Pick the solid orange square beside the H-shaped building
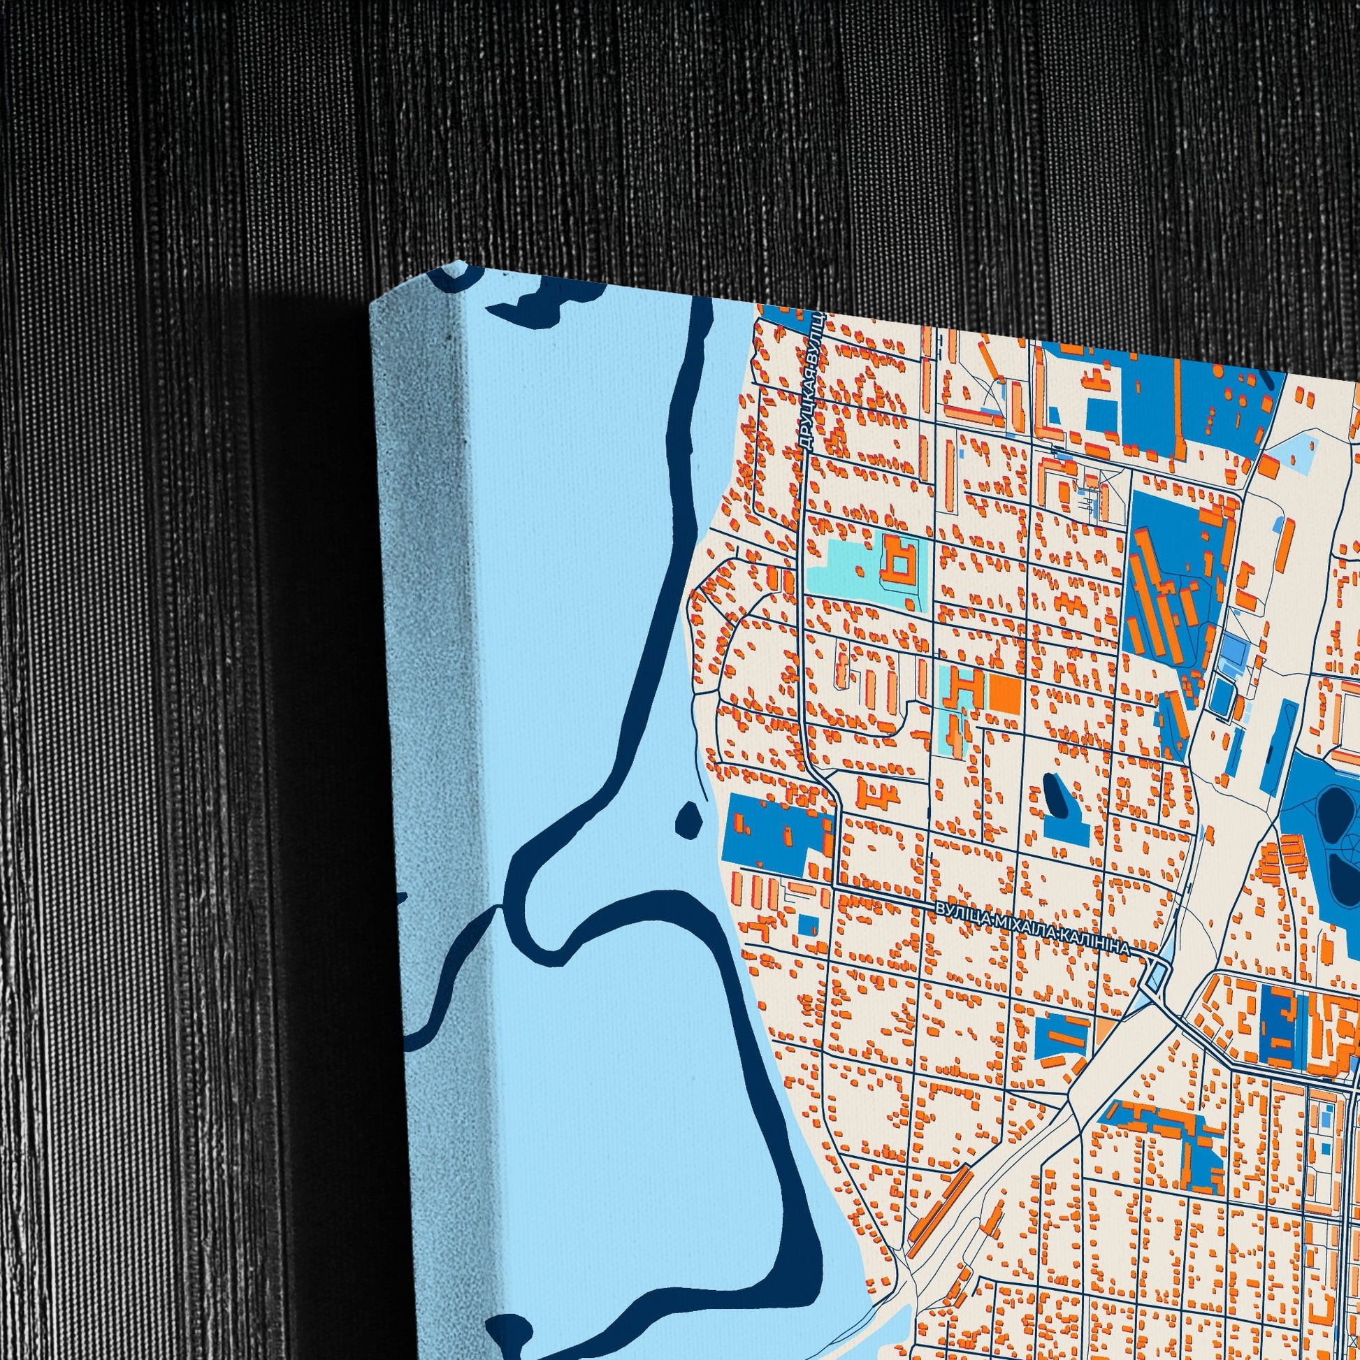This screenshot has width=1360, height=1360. click(1004, 693)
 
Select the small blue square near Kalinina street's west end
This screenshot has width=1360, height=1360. click(809, 924)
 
